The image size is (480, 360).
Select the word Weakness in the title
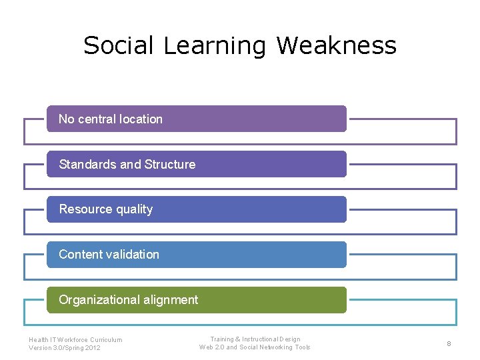click(x=336, y=46)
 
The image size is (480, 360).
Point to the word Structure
click(x=170, y=165)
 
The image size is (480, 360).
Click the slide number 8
click(x=449, y=343)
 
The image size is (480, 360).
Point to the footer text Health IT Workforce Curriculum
click(x=75, y=339)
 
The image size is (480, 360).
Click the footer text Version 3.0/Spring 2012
click(x=65, y=347)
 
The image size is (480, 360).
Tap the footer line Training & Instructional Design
click(x=255, y=339)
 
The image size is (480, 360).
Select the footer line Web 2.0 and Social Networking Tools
click(x=255, y=347)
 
